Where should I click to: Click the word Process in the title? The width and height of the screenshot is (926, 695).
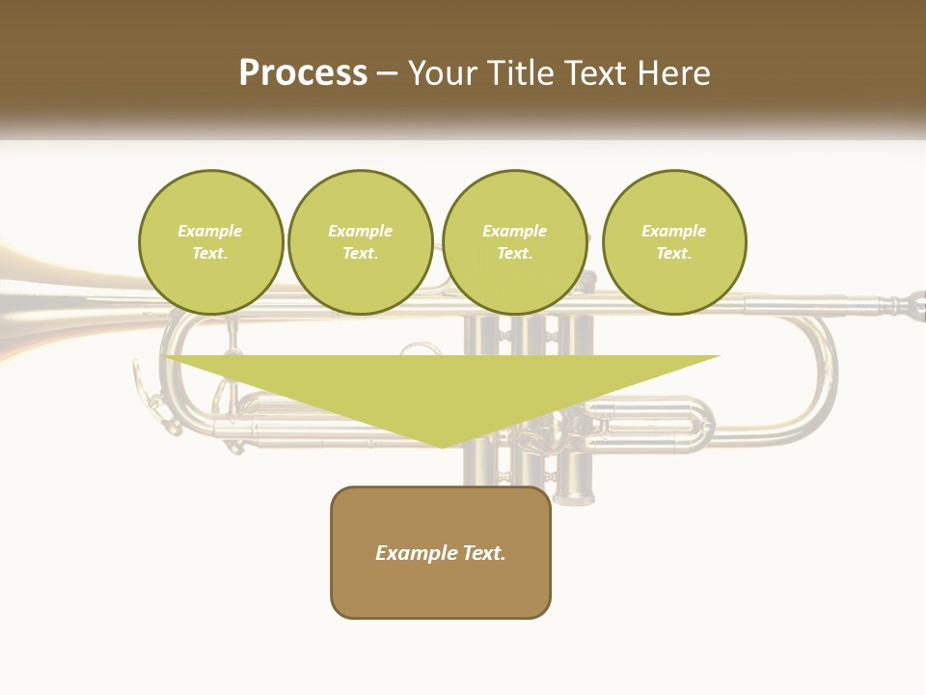coord(303,73)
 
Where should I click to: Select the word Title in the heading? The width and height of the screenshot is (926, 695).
coord(527,73)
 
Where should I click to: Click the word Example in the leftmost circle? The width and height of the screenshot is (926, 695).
coord(210,231)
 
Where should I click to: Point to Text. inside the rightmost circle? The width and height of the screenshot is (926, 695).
coord(674,254)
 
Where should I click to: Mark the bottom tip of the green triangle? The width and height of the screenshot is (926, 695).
coord(442,445)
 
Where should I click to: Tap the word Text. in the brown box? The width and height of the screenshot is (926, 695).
coord(483,553)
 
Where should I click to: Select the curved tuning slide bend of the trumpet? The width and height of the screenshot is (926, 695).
coord(820,386)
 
